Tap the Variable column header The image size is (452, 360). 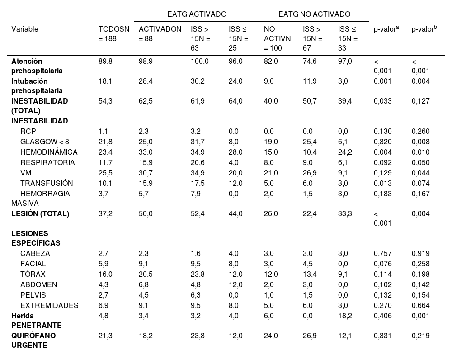click(x=25, y=29)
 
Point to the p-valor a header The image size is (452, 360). click(x=386, y=29)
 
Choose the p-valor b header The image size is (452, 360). click(x=424, y=29)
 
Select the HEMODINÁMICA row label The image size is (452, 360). click(x=49, y=152)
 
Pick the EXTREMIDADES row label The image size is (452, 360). click(x=49, y=305)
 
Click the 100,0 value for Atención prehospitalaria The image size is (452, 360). click(x=200, y=61)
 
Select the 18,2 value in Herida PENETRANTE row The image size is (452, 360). click(x=345, y=316)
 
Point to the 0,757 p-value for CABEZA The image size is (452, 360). click(x=382, y=253)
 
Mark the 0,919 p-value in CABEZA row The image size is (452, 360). click(x=421, y=253)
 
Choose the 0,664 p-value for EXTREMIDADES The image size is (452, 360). click(x=421, y=305)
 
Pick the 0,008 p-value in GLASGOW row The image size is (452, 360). click(x=421, y=142)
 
